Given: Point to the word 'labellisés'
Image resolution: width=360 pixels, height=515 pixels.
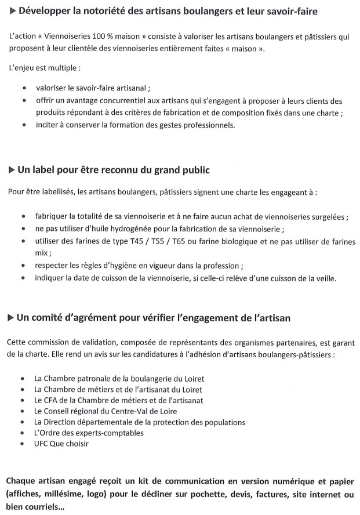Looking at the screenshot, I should point(56,191).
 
